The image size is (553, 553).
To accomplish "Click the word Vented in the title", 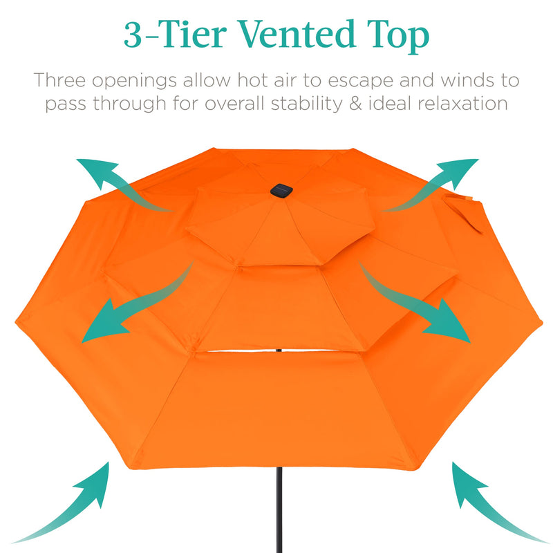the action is [297, 34].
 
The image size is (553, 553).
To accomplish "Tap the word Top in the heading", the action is [397, 37].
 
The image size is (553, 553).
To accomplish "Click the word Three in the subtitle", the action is [59, 80].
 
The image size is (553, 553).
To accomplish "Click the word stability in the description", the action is [307, 105].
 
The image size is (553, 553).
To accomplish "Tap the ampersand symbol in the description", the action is [356, 104].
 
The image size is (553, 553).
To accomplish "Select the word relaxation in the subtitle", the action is [462, 104].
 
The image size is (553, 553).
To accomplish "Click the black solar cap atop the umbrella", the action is [281, 191].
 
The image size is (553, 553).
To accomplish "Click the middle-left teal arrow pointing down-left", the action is [138, 303].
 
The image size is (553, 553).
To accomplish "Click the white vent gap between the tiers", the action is [279, 351].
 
